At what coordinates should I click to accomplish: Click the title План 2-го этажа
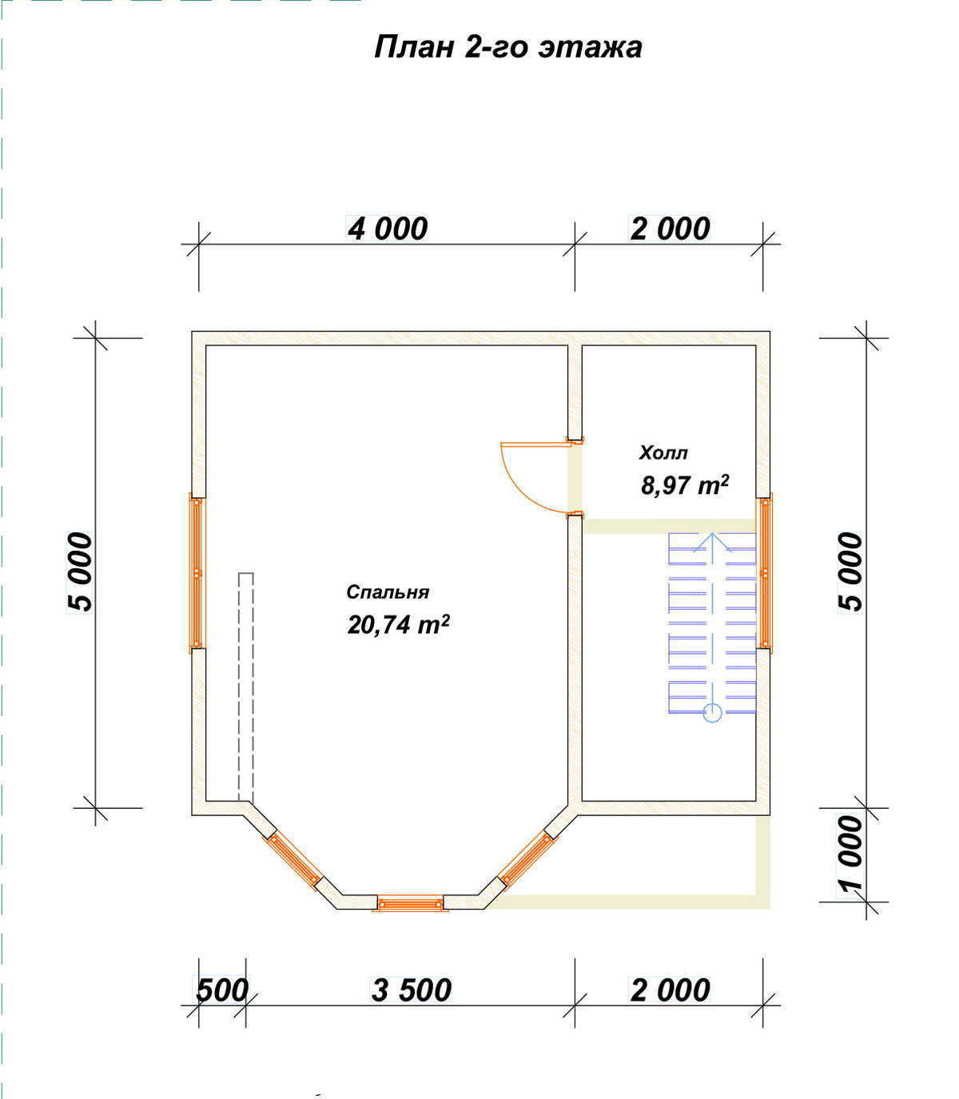(507, 47)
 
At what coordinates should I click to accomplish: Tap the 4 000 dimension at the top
(388, 229)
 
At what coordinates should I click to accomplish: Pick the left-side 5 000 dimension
(80, 572)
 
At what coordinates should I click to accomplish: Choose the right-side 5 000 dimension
(851, 572)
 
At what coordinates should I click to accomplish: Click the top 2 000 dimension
(671, 229)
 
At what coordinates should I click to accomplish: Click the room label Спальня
(388, 592)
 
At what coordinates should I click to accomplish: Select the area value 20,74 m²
(399, 625)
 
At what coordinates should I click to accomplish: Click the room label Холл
(663, 453)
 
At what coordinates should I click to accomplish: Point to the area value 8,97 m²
(685, 485)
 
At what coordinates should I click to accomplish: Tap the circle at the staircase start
(713, 713)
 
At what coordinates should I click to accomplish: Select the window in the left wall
(197, 573)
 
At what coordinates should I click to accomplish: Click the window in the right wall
(764, 573)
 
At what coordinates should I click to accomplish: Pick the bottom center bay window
(410, 903)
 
